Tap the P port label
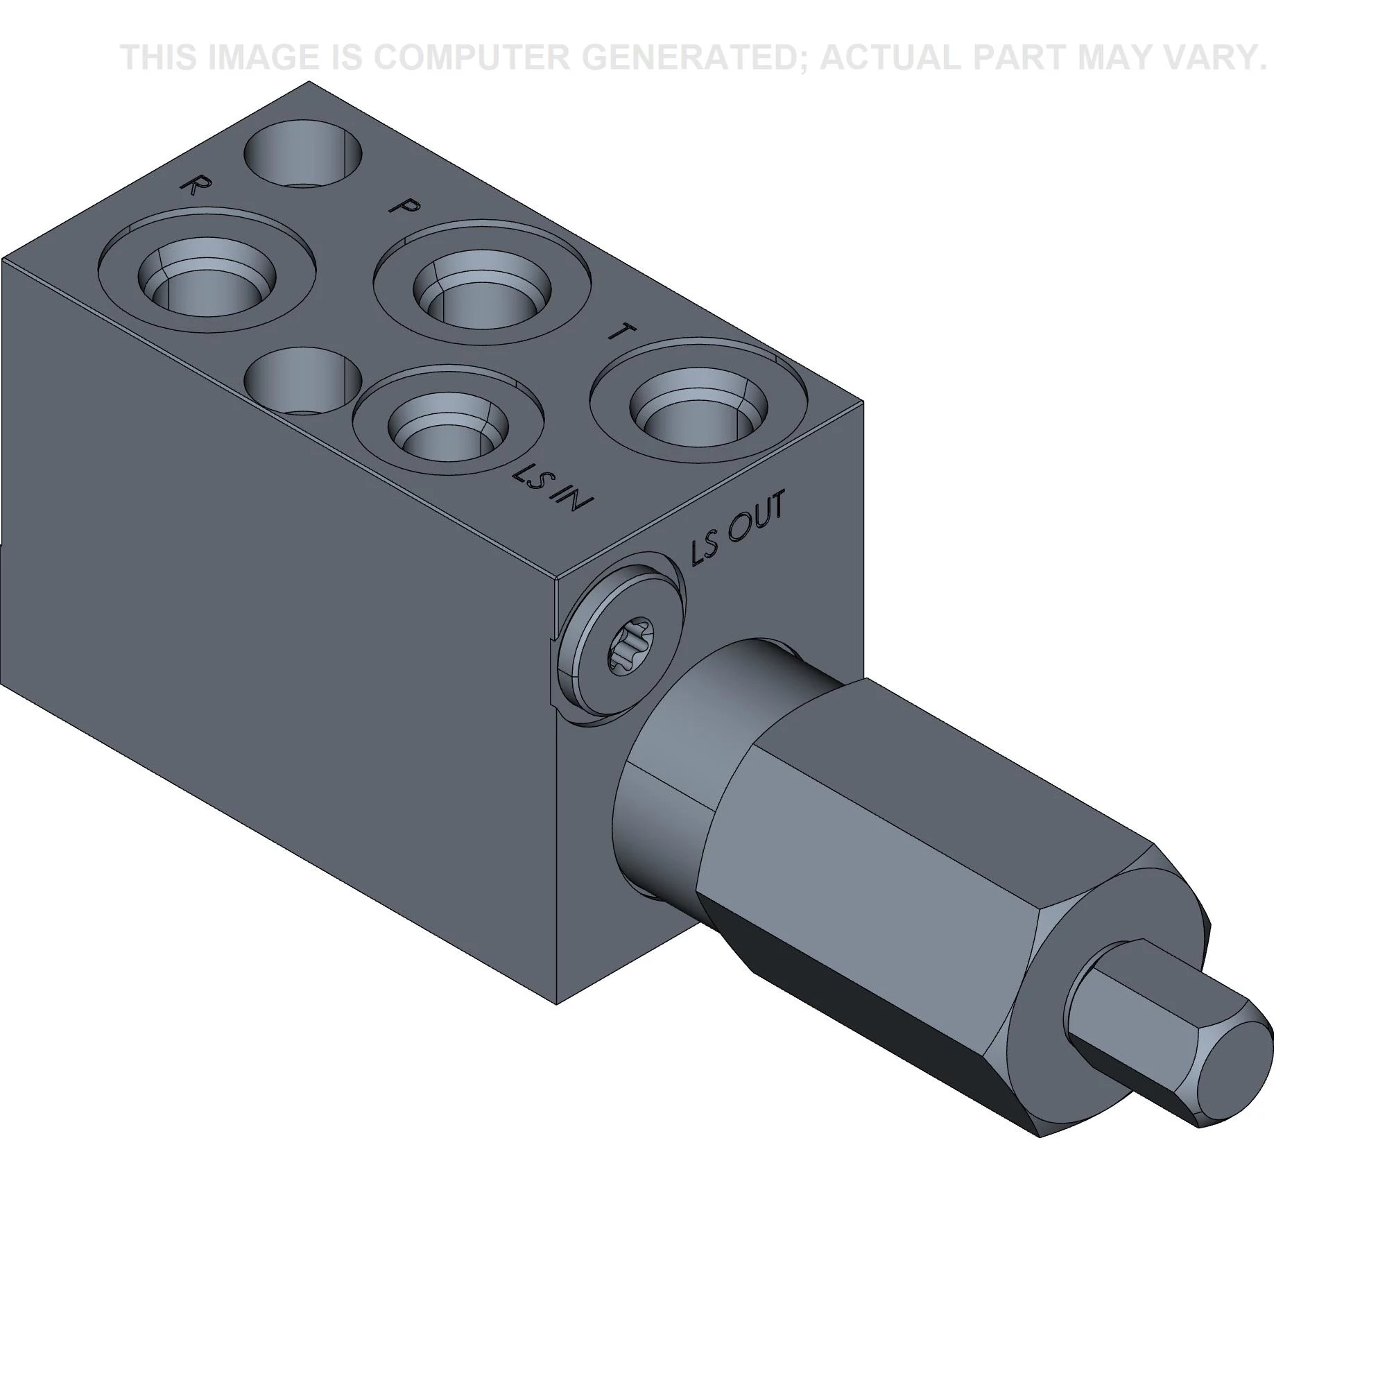pyautogui.click(x=404, y=206)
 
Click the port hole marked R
pyautogui.click(x=208, y=281)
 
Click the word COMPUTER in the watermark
pyautogui.click(x=472, y=58)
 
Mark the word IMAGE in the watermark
pyautogui.click(x=263, y=58)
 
